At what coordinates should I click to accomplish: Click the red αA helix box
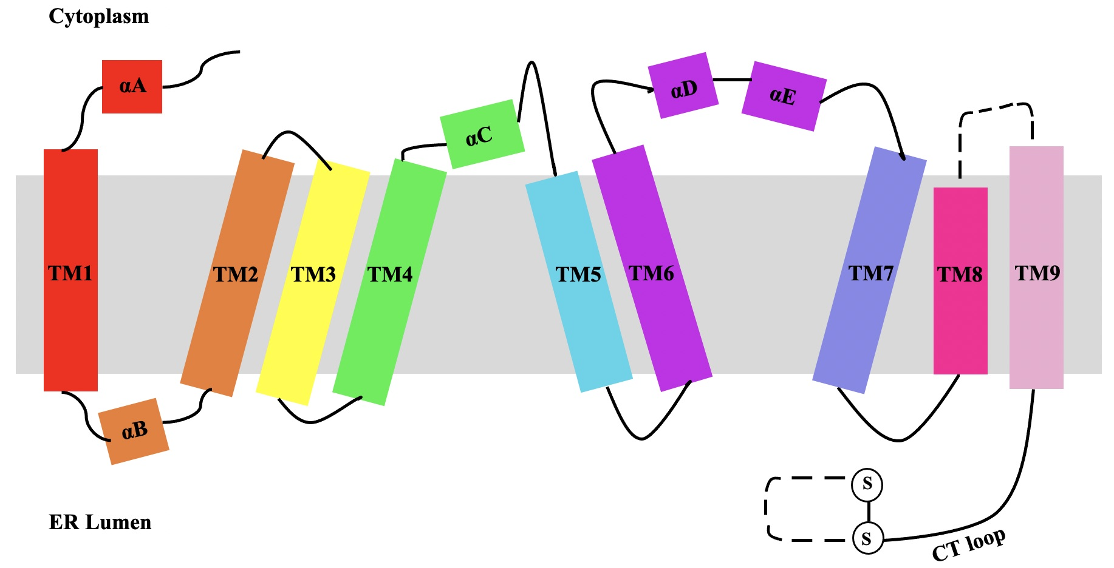132,86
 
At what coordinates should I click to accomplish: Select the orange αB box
134,431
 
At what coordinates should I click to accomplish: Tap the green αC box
482,134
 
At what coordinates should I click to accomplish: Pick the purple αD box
683,86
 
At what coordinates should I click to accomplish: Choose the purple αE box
784,96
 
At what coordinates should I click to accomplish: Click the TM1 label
70,274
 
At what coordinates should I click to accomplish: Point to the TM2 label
236,275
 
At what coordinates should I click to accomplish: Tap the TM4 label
390,275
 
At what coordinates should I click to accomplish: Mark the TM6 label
651,274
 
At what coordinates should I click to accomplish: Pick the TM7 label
871,274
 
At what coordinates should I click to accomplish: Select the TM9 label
1037,274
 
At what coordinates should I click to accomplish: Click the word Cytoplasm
99,16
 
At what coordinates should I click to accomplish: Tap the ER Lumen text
100,522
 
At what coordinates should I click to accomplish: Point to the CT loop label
969,544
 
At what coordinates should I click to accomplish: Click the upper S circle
867,484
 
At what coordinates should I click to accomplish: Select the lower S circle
867,538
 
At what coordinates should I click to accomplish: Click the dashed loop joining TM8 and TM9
996,108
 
